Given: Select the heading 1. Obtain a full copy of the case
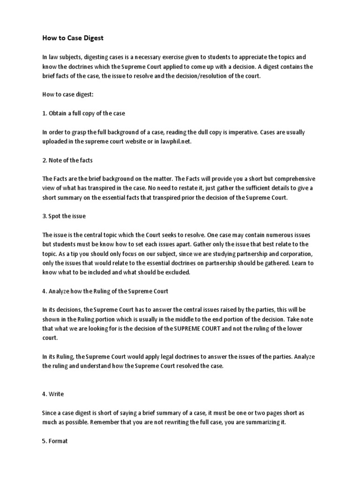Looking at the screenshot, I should (83, 113).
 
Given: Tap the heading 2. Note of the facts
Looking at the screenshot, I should (67, 160).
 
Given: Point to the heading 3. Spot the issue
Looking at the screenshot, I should (64, 216).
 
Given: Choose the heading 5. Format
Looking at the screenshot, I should (55, 441).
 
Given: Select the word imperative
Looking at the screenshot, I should (233, 132).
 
